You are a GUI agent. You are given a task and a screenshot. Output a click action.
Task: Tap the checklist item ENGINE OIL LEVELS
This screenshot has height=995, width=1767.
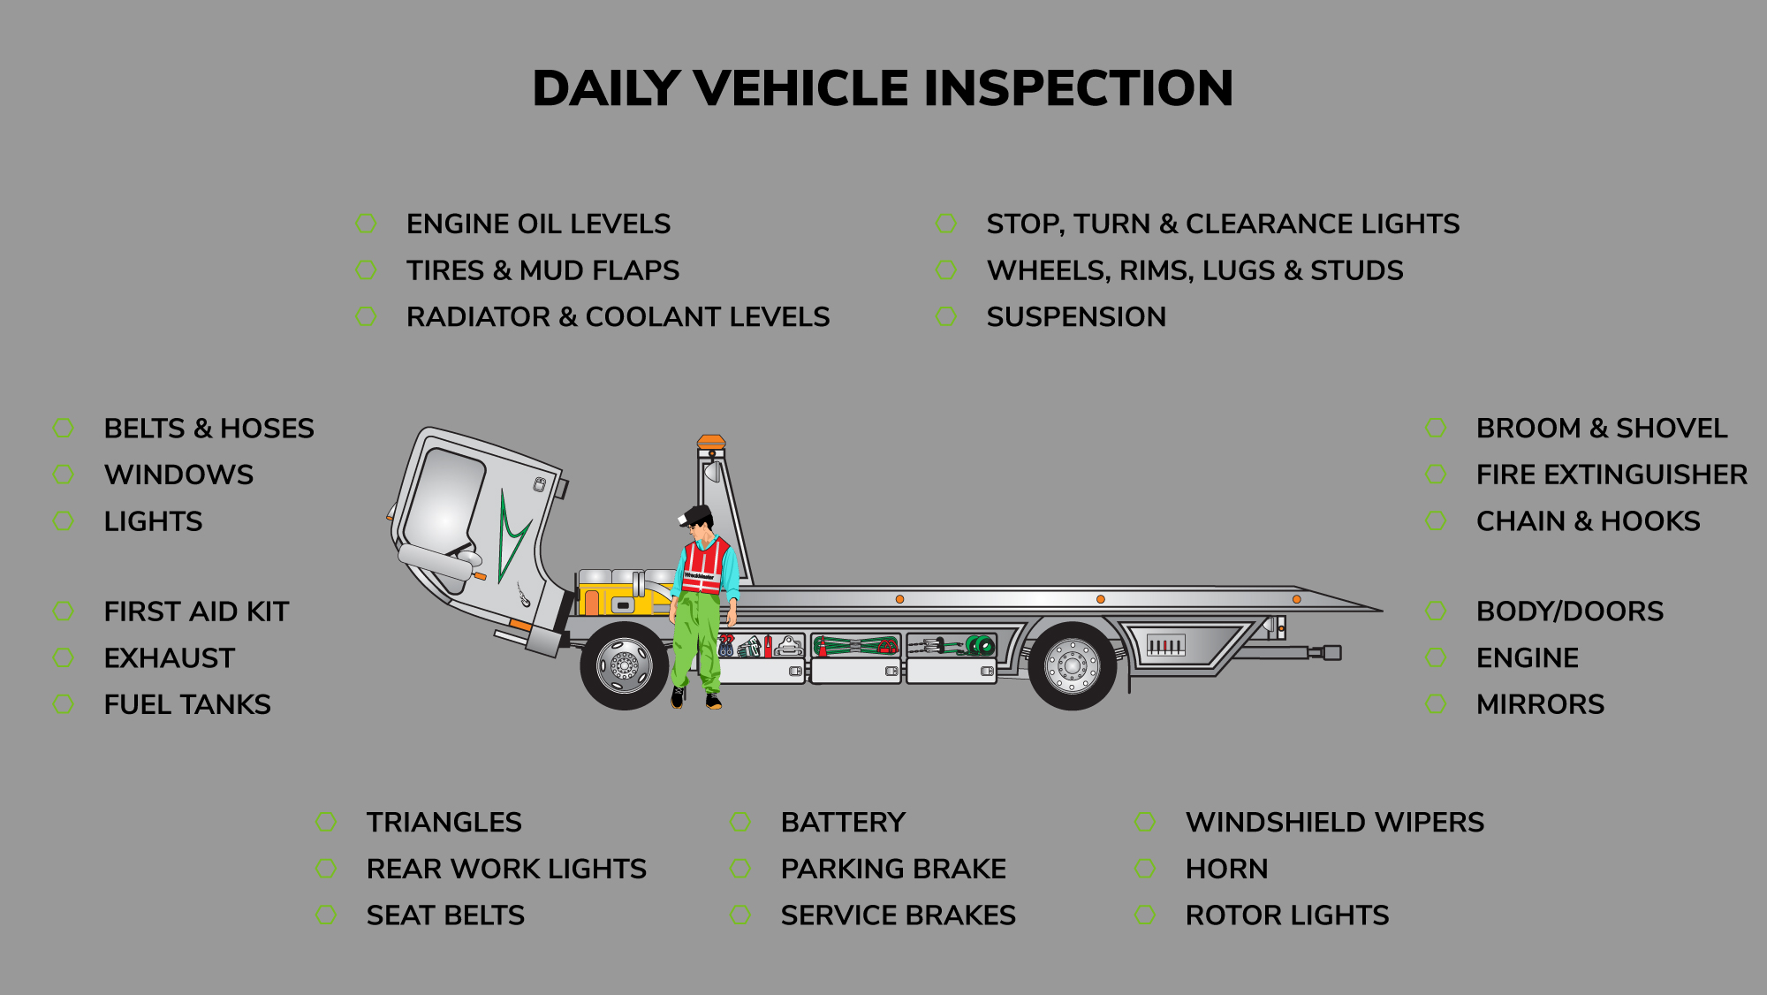[x=538, y=224]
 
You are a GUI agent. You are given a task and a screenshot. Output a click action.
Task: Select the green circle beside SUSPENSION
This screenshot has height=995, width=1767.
[x=946, y=316]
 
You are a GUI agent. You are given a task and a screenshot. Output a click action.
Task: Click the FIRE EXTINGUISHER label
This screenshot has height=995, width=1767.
[x=1612, y=475]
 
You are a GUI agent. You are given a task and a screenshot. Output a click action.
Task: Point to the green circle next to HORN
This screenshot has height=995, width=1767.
[x=1145, y=869]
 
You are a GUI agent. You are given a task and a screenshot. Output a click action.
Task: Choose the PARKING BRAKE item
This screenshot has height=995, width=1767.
[x=893, y=869]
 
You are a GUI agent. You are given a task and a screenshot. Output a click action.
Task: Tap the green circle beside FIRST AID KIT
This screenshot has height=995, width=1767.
[x=64, y=611]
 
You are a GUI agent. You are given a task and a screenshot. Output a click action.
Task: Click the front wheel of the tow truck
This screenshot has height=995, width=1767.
[x=625, y=665]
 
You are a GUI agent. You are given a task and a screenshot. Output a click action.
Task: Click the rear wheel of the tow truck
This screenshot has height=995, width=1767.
[x=1073, y=665]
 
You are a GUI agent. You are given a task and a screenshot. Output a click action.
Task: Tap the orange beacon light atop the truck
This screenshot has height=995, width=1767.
[x=711, y=441]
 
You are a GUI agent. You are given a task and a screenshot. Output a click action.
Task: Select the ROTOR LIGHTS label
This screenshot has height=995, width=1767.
[x=1287, y=915]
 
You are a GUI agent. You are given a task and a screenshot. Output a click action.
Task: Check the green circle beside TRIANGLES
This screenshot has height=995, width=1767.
[x=326, y=822]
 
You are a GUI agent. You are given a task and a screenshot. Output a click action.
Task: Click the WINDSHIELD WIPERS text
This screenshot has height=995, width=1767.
[x=1335, y=822]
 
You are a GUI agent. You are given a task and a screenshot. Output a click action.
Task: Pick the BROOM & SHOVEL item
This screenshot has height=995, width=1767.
[x=1602, y=428]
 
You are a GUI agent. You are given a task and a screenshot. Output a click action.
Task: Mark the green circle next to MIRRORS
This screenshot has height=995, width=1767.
[x=1436, y=704]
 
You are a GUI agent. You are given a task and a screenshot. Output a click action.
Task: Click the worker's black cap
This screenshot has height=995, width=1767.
[x=700, y=513]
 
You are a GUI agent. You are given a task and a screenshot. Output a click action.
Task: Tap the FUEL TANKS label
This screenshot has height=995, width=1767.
[x=187, y=704]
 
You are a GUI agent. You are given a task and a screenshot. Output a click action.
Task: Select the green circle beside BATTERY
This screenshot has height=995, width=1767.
[x=740, y=822]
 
